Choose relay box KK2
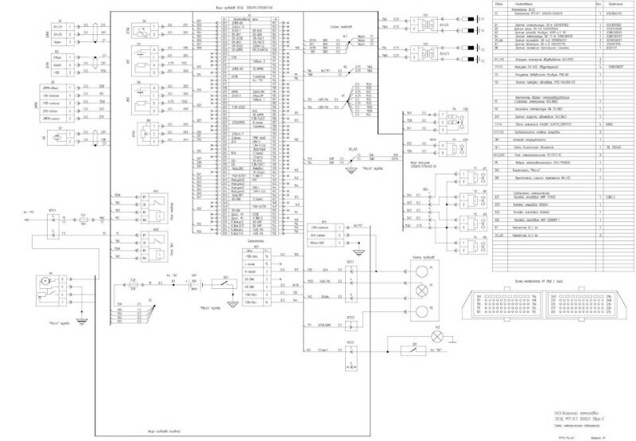point(157,244)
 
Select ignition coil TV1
point(427,24)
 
